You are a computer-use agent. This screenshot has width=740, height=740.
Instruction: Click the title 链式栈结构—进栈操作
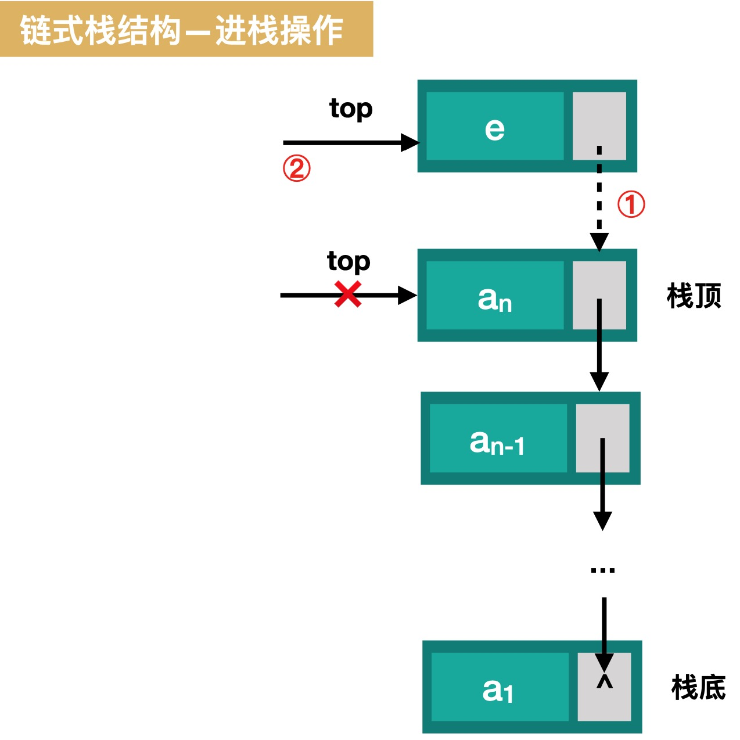pyautogui.click(x=181, y=30)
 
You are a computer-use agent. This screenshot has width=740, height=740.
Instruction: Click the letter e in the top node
pyautogui.click(x=494, y=129)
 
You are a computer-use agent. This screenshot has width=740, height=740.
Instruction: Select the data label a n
pyautogui.click(x=495, y=299)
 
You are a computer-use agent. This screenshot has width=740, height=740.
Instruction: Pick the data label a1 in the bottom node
pyautogui.click(x=498, y=691)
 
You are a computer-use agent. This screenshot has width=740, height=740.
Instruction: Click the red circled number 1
pyautogui.click(x=631, y=204)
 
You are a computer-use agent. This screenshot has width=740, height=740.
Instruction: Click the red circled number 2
pyautogui.click(x=296, y=169)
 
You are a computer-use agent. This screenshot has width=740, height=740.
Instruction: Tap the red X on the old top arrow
pyautogui.click(x=348, y=294)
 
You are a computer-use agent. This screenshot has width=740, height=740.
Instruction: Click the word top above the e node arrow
pyautogui.click(x=351, y=109)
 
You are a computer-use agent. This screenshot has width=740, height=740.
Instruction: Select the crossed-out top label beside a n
pyautogui.click(x=349, y=261)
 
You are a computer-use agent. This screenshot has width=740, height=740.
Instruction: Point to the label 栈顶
pyautogui.click(x=694, y=296)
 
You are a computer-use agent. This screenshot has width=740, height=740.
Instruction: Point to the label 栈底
pyautogui.click(x=698, y=688)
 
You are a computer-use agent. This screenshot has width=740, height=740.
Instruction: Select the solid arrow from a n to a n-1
pyautogui.click(x=599, y=349)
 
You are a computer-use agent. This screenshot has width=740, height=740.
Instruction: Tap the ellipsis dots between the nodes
pyautogui.click(x=602, y=570)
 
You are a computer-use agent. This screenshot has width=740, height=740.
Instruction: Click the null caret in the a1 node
pyautogui.click(x=605, y=681)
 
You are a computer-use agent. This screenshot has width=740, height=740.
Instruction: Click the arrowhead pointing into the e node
pyautogui.click(x=410, y=142)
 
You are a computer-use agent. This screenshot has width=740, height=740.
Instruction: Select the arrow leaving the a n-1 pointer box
pyautogui.click(x=602, y=488)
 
